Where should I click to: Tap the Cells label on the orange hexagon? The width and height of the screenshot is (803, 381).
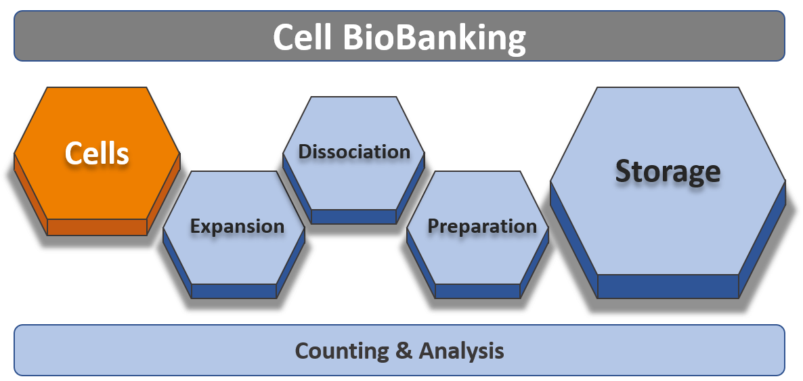pos(97,154)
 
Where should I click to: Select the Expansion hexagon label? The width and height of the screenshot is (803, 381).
pos(237,226)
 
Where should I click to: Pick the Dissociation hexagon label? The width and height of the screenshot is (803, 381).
pos(354,152)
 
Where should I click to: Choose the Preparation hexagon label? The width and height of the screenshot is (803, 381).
pos(482,226)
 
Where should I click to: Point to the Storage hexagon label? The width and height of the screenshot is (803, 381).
pos(668,171)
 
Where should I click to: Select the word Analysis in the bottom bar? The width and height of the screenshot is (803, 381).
pos(461,351)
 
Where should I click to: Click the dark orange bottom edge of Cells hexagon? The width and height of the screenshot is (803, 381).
pos(97,227)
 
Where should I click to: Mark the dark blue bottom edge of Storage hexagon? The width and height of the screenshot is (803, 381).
pos(668,286)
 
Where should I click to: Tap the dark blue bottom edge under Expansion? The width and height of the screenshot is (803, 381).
pos(234,291)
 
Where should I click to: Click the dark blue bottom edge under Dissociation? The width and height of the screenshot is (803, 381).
pos(353,217)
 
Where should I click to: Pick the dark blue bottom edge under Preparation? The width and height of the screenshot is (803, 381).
pos(477,291)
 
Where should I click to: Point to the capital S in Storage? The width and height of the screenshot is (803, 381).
pos(626,171)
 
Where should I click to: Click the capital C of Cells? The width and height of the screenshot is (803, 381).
pos(72,154)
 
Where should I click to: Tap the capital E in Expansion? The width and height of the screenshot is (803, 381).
pos(196,226)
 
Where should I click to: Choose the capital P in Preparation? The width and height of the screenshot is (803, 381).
pos(434,226)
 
